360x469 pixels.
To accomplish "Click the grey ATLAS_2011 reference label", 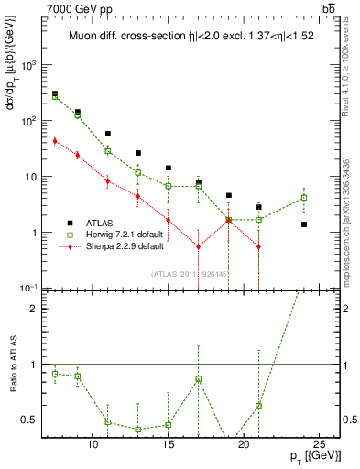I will pos(189,274).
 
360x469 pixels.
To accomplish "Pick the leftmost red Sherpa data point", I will pos(55,140).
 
